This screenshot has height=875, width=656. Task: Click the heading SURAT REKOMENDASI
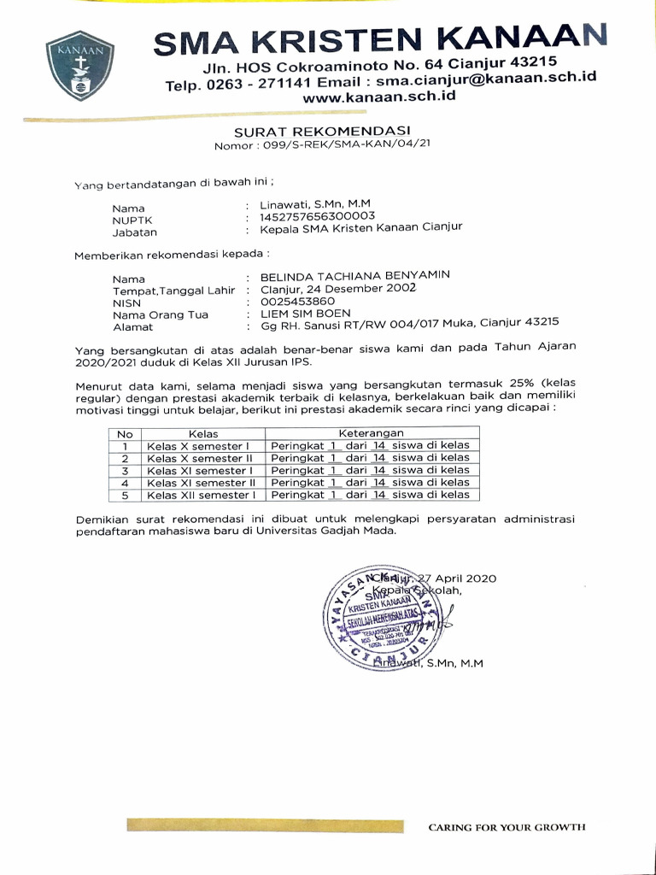point(322,132)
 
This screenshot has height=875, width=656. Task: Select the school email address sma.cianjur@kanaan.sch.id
point(485,79)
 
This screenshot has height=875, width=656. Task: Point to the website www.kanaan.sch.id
point(378,97)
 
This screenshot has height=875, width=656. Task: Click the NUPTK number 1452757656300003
point(318,216)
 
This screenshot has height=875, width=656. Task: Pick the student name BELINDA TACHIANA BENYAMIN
point(354,275)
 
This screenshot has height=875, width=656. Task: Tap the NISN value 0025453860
point(297,301)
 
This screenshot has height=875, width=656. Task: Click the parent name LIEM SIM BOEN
point(305,314)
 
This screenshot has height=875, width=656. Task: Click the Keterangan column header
point(371,433)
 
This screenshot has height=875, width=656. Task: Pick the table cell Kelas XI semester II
point(201,482)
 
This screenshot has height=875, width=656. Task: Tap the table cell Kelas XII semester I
point(201,495)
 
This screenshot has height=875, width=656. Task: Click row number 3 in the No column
point(125,470)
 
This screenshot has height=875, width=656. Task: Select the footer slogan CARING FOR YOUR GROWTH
point(507,827)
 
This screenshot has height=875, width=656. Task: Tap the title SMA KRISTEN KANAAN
point(381,39)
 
